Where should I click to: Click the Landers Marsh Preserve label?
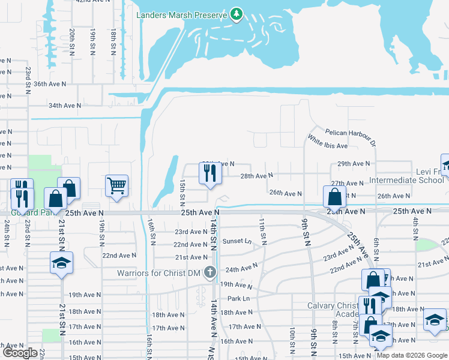(x=182, y=15)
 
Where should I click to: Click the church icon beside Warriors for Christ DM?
(x=209, y=272)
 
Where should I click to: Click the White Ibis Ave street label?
(x=328, y=146)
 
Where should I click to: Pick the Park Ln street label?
(x=238, y=298)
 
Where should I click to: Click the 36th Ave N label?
(x=65, y=84)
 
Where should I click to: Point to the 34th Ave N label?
(x=65, y=106)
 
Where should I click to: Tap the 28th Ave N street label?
(x=256, y=176)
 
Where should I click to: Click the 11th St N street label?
(x=262, y=230)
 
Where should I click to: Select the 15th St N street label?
(x=182, y=194)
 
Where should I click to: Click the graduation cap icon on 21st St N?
(x=61, y=263)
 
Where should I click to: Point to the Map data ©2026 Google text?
(x=411, y=355)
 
